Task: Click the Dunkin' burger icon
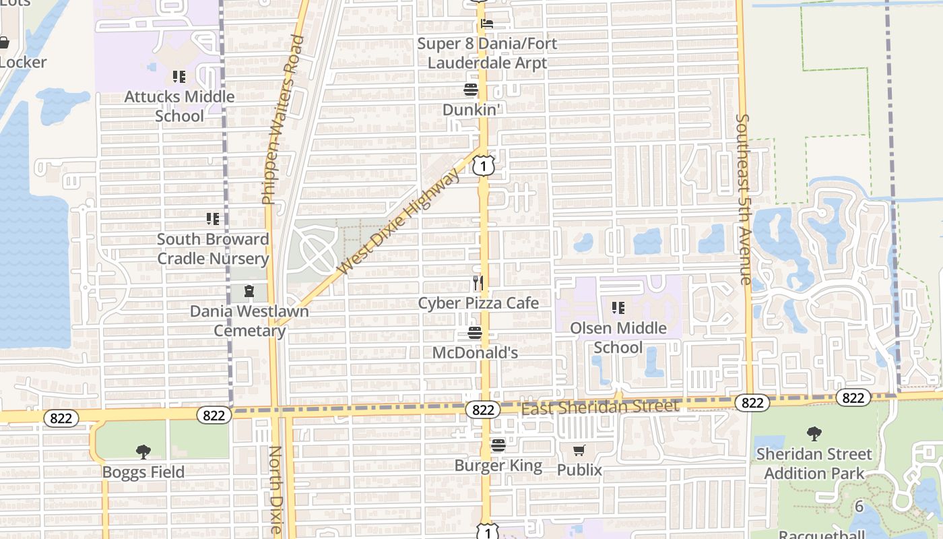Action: [470, 90]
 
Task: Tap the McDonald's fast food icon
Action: [475, 333]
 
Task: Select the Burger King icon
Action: [498, 445]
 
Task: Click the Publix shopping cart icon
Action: [579, 450]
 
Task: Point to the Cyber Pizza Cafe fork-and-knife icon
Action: [478, 283]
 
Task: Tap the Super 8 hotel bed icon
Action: [486, 24]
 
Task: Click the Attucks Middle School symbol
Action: [179, 77]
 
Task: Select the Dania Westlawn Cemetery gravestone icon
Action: [249, 292]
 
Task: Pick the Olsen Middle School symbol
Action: [618, 309]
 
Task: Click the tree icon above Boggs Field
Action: [143, 452]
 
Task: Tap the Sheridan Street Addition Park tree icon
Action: [814, 434]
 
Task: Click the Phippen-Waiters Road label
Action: [279, 120]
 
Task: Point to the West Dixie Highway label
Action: [399, 222]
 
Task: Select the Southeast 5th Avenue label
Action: [742, 199]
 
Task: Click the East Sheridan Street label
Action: [600, 407]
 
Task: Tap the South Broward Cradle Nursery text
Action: [213, 249]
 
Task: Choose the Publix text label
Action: [579, 470]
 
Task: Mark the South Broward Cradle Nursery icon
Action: [213, 219]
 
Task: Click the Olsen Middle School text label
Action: [618, 338]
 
